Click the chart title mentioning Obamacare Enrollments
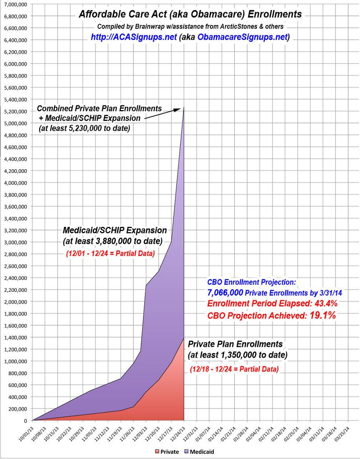tap(190, 14)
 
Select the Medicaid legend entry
tap(202, 451)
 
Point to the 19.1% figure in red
tap(322, 316)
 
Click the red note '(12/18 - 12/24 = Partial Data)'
tap(234, 369)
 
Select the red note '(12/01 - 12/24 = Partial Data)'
tap(110, 253)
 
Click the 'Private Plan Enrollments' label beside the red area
tap(235, 344)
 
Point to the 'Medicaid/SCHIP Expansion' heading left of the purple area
tap(115, 231)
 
